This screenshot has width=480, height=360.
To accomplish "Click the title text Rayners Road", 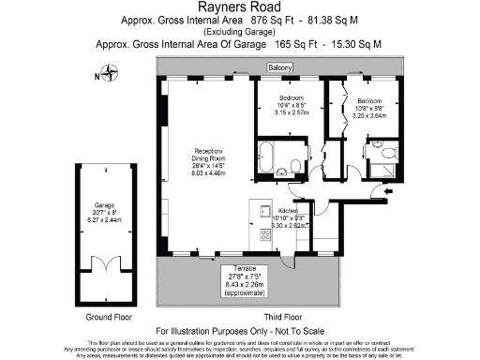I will [x=239, y=7].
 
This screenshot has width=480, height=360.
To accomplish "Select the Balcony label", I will [x=279, y=67].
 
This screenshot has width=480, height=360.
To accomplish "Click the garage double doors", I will [x=103, y=268].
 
